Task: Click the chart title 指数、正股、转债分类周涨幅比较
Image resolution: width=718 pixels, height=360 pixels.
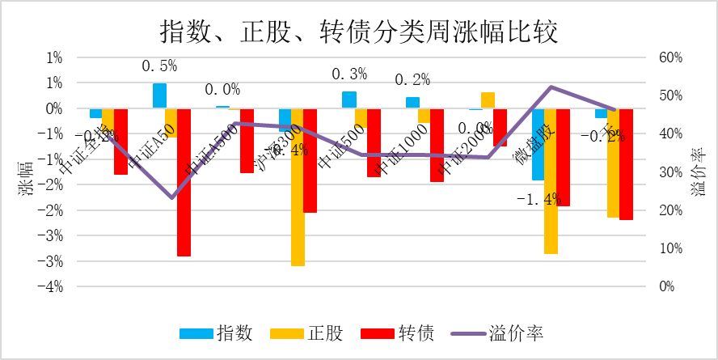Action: point(359,32)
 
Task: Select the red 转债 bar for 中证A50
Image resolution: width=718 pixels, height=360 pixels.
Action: point(184,182)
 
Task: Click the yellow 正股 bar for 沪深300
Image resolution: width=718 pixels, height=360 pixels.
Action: point(298,187)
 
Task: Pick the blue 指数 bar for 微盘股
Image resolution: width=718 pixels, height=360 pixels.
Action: point(538,144)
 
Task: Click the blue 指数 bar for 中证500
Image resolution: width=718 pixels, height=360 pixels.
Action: point(348,100)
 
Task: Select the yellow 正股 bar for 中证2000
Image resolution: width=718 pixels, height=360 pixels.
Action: point(488,100)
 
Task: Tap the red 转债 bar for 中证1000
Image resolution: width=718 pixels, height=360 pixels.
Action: point(437,145)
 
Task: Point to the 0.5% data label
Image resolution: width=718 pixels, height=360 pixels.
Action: point(158,66)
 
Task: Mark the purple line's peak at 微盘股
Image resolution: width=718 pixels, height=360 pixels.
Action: point(551,87)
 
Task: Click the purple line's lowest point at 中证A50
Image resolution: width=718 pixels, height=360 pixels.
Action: point(171,197)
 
